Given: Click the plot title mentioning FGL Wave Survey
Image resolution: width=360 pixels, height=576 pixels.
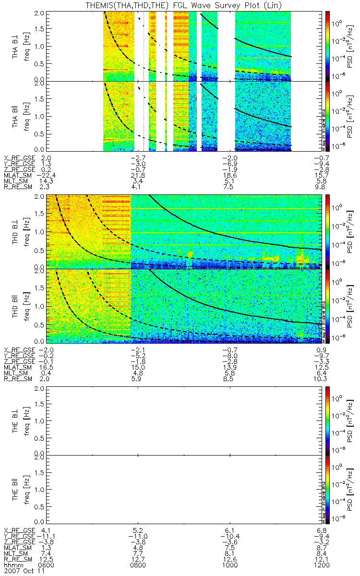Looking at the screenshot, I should [180, 5].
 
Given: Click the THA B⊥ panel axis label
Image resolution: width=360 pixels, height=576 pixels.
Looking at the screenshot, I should [16, 46].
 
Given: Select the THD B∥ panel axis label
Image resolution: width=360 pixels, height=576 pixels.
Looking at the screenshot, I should [16, 306].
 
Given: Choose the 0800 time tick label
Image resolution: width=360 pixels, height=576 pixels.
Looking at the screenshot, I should [138, 565].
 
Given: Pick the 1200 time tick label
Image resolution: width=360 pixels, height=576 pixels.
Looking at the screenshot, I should [320, 565].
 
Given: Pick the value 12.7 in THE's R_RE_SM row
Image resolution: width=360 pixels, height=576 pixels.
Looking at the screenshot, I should [138, 559].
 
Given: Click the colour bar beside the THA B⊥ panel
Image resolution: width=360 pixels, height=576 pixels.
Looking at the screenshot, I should [328, 46].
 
